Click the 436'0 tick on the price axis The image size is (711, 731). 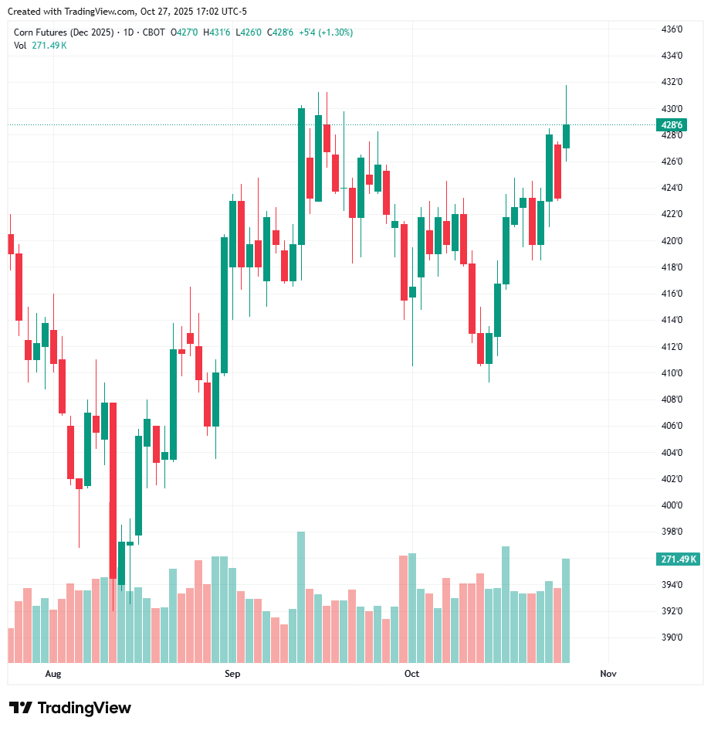coord(673,29)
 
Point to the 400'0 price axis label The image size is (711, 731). coord(673,505)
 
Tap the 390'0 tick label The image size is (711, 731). coord(673,637)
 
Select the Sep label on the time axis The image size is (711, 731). coord(232,674)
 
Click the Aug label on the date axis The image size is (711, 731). coord(52,674)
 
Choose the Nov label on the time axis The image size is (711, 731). coord(608,674)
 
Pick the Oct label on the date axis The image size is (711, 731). coord(411,674)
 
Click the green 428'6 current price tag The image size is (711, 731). coord(672,125)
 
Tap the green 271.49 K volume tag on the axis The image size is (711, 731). coord(679,559)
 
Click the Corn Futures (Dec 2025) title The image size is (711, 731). coord(63,32)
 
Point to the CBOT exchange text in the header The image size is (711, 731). coord(154,32)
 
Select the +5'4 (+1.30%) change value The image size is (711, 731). coord(326,32)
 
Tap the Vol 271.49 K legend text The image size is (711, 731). coord(40,45)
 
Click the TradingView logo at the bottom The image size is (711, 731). coord(70,708)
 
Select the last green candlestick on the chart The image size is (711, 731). coord(567,136)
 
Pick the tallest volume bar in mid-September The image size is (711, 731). coord(301,597)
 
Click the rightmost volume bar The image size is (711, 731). coord(567,610)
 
